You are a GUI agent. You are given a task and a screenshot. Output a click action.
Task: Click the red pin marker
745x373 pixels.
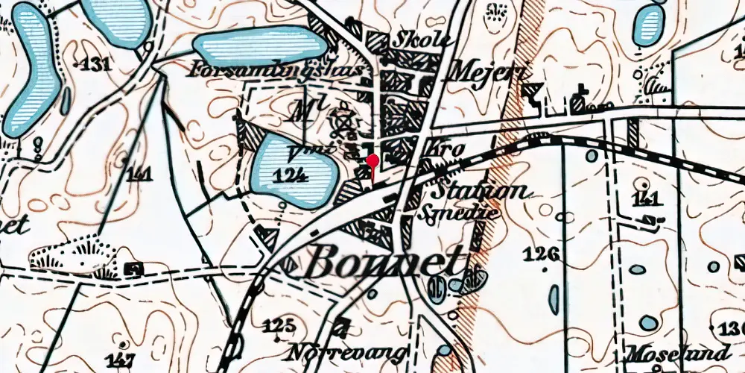pos(372,160)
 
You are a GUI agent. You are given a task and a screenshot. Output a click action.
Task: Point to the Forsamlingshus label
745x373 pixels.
pos(277,70)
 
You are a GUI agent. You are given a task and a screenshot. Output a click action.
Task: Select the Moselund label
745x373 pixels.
pos(678,353)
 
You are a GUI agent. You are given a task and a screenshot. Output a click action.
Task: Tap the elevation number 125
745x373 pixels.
pos(279,325)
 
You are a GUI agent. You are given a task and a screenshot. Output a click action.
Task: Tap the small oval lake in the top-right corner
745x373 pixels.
pos(647,25)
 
